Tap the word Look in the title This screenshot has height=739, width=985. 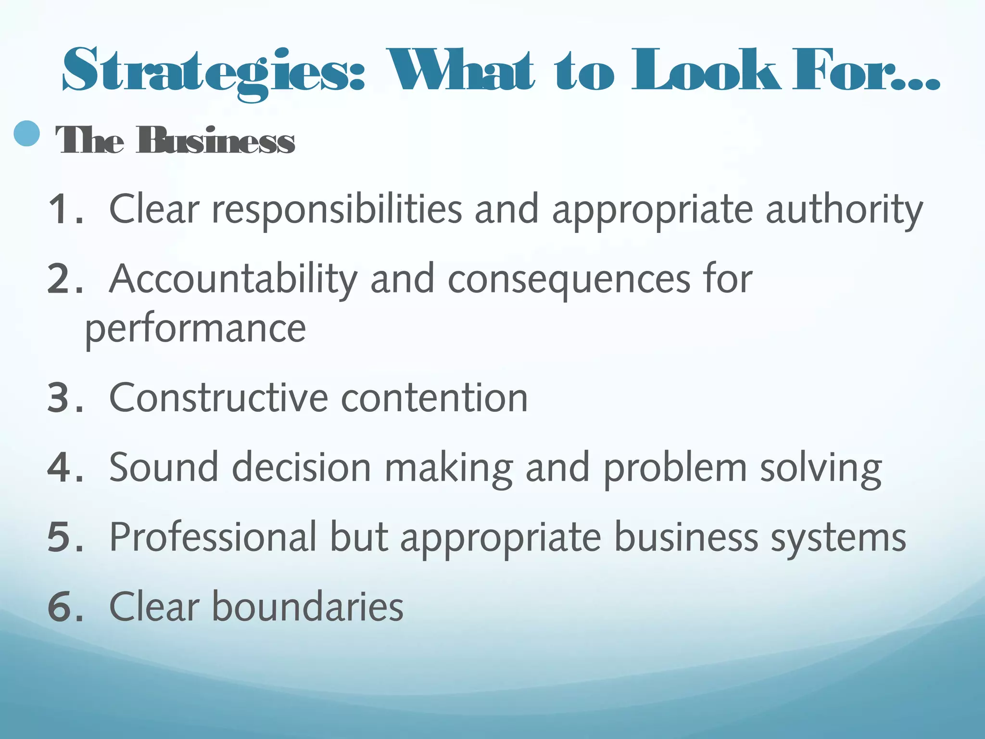(706, 70)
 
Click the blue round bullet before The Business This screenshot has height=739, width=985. (27, 133)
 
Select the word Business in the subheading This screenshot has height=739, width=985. (215, 141)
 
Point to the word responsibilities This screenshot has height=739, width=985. (337, 209)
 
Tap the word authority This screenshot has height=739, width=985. (844, 209)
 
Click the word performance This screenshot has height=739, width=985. (195, 330)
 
